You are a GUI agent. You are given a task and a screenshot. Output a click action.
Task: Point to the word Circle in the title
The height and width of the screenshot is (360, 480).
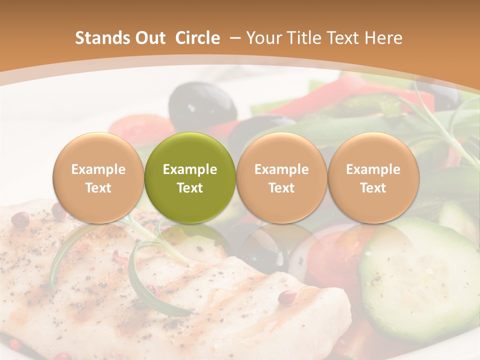point(197,38)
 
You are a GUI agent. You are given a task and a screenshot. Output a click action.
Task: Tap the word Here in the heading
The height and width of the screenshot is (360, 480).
point(383,38)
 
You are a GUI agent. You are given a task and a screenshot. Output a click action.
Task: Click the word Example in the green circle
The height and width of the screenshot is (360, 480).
point(190,169)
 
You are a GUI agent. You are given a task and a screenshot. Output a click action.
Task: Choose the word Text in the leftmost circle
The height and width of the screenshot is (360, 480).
point(98,188)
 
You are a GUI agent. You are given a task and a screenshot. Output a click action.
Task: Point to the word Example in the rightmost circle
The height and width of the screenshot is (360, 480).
point(373,169)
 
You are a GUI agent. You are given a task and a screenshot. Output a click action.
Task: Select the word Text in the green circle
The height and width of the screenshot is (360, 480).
point(190,188)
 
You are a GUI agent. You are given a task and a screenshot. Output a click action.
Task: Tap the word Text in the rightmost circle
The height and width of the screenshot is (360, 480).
point(373,188)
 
